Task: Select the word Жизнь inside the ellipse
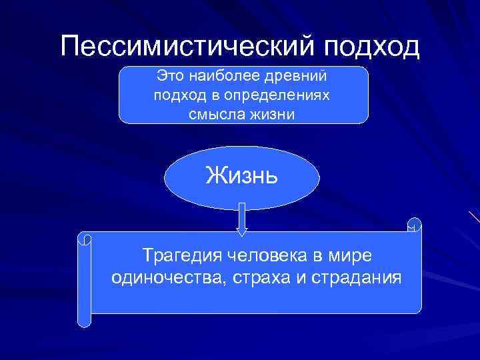point(242,176)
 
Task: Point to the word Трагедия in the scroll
point(182,255)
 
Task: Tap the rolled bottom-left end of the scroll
point(84,319)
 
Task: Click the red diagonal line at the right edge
point(474,217)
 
